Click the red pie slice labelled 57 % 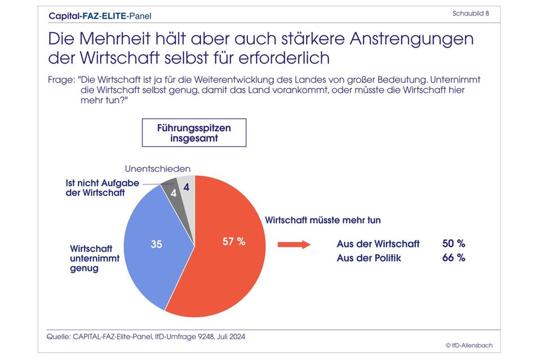(x=225, y=254)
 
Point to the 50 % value (x=454, y=244)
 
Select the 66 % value (x=454, y=257)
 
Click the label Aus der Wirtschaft (x=378, y=244)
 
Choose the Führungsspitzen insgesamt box (x=194, y=133)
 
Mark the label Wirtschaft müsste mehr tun (x=327, y=219)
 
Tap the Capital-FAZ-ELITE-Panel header (x=100, y=16)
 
